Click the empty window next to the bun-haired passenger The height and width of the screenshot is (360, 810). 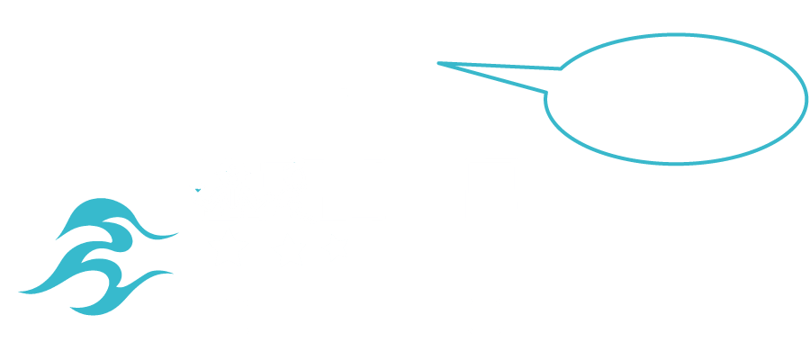352,189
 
